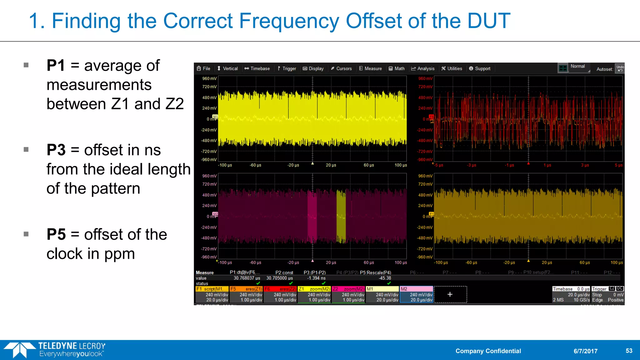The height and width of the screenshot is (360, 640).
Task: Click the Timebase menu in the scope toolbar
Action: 257,68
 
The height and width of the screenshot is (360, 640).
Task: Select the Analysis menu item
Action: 423,68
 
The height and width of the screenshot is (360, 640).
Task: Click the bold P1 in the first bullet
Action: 56,66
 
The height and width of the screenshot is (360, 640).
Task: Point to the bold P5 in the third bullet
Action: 56,235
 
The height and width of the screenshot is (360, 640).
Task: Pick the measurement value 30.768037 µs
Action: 247,278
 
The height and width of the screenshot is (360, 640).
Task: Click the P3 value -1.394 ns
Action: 316,278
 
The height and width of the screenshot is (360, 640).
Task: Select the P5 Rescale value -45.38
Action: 385,278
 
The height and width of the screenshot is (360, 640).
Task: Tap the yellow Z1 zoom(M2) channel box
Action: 314,294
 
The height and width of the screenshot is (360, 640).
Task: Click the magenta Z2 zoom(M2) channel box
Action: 348,294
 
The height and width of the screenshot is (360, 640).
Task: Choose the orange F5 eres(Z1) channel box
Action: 246,294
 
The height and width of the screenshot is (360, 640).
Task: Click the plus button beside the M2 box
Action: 450,294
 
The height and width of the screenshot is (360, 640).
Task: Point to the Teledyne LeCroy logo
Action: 55,350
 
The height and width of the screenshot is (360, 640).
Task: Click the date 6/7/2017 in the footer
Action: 585,351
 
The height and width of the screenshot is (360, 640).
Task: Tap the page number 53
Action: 629,351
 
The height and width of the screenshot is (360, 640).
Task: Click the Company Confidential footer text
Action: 488,351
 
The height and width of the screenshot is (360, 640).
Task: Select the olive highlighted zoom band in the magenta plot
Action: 341,216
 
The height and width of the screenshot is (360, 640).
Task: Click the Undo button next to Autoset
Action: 620,68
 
